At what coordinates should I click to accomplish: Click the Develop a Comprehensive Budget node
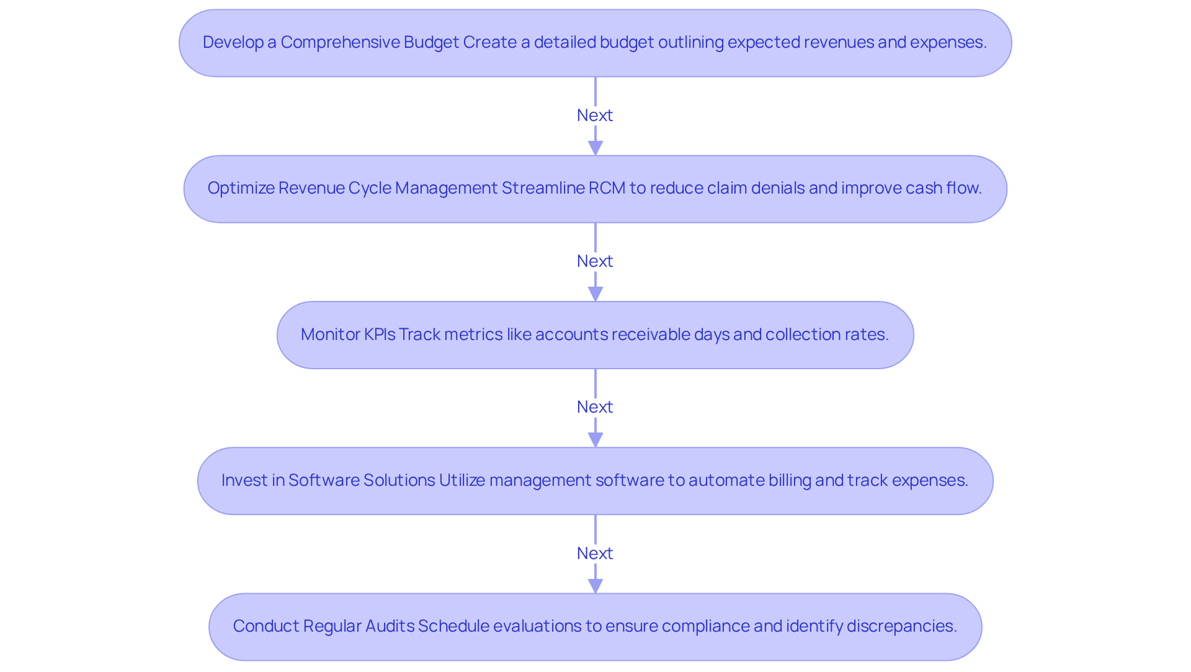point(595,43)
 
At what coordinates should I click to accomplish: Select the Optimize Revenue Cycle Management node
point(595,189)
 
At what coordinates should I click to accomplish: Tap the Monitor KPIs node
point(595,335)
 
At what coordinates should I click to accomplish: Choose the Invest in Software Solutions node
point(595,481)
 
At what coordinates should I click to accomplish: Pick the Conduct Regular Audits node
point(595,627)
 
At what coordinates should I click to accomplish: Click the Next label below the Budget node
point(595,115)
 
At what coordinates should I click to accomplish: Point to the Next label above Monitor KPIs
point(595,261)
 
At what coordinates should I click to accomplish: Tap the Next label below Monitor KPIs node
point(595,407)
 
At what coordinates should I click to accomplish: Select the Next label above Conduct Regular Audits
point(595,553)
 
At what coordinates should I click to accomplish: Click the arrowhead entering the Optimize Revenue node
point(595,148)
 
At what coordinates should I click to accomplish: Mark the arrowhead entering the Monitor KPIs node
point(595,294)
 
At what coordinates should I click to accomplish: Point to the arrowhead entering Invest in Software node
point(595,440)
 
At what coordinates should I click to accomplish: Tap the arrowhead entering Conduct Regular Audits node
point(595,586)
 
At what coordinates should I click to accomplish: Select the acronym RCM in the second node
point(607,188)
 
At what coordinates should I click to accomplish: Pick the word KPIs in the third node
point(379,334)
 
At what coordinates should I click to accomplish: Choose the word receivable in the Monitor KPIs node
point(612,334)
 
